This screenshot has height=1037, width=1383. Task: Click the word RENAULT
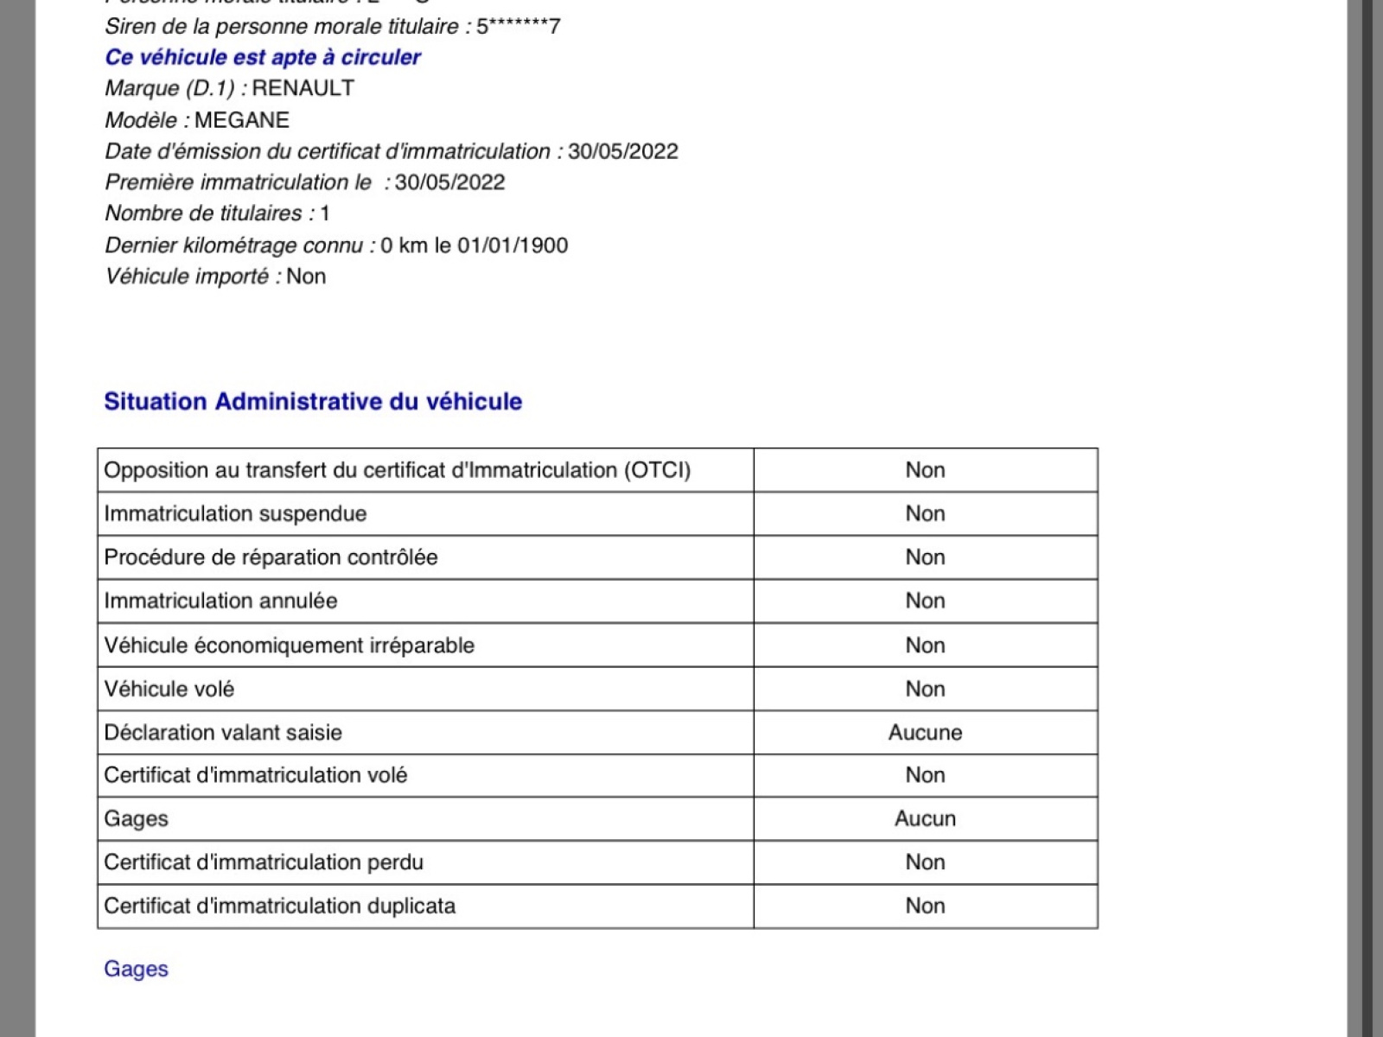click(x=303, y=88)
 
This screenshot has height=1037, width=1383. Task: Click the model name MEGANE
click(x=241, y=120)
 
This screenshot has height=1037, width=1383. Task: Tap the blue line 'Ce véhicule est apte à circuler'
click(x=263, y=57)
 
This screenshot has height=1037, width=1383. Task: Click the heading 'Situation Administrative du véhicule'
click(x=313, y=402)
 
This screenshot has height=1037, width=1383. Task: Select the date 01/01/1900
click(x=513, y=245)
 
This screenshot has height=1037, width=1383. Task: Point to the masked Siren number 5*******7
click(x=519, y=27)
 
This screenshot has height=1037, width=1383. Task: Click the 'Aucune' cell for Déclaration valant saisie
click(x=925, y=733)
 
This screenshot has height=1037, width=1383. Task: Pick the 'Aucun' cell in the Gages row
click(x=925, y=819)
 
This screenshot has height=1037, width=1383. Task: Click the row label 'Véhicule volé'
click(x=169, y=690)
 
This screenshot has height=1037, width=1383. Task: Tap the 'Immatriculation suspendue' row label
click(x=235, y=514)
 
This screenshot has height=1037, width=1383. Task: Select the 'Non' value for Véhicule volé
click(x=925, y=690)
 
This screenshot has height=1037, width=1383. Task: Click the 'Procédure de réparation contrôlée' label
click(x=271, y=557)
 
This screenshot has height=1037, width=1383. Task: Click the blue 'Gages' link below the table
click(x=136, y=969)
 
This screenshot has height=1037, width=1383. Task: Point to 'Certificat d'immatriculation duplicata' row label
click(x=279, y=907)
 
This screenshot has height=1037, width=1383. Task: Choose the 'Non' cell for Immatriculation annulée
click(x=925, y=601)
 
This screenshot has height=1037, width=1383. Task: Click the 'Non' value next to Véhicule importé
click(x=306, y=277)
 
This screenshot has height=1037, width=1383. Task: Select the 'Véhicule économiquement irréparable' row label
click(x=289, y=646)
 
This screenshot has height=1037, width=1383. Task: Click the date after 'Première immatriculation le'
click(x=449, y=182)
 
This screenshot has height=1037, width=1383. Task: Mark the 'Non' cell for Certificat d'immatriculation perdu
click(x=925, y=862)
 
